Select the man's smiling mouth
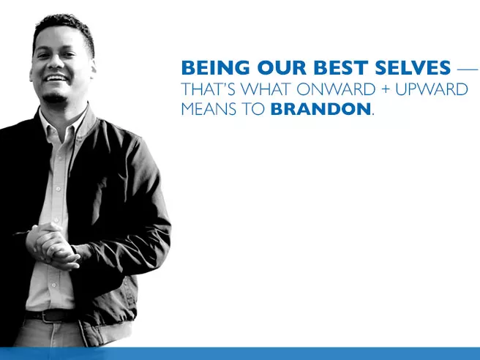tap(56, 78)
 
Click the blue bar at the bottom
tap(293, 353)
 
